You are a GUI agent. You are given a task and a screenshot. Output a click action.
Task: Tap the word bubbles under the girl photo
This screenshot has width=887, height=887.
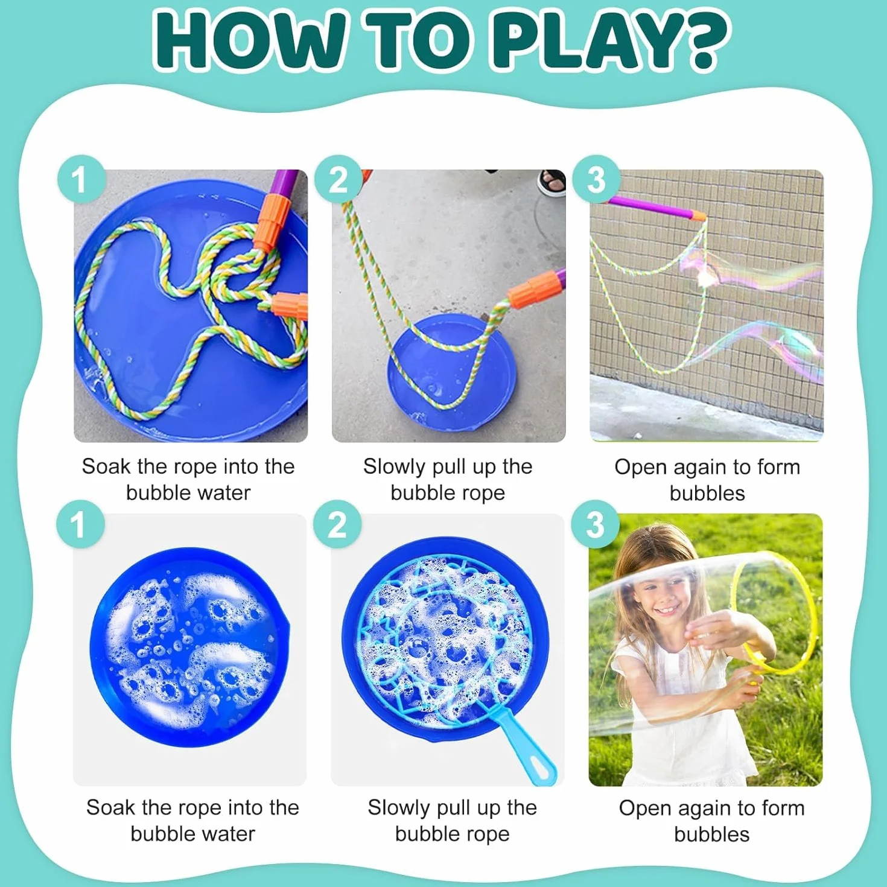(711, 834)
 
